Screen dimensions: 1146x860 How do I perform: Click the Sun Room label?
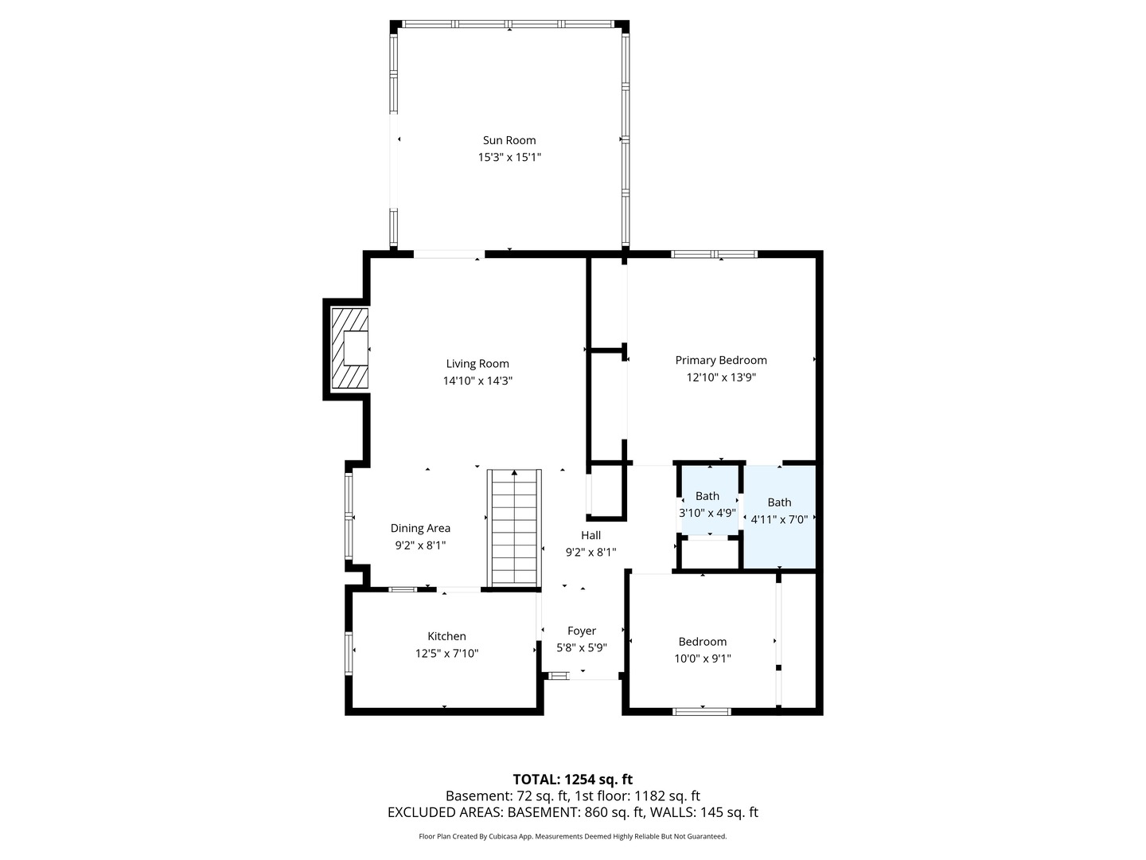coord(509,140)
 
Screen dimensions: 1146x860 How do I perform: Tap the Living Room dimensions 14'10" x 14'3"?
coord(477,381)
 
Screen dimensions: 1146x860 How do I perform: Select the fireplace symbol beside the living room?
coord(350,348)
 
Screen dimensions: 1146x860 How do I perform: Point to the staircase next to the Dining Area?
coord(514,528)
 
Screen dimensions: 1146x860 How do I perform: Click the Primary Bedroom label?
coord(721,360)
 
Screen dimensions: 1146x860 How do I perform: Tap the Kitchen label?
coord(447,636)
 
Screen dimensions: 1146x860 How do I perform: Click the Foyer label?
coord(582,631)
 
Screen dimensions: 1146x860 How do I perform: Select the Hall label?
coord(591,534)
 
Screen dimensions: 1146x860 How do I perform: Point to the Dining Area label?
coord(420,528)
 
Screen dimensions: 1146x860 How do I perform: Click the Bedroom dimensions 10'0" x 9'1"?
coord(703,659)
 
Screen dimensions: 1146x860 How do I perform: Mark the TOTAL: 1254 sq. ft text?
coord(573,780)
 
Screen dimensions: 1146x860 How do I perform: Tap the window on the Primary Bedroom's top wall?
coord(714,254)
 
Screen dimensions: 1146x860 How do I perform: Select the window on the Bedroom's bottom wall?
coord(702,711)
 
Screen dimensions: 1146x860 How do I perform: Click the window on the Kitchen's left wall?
coord(349,653)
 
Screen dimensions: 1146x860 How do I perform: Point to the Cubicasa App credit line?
coord(573,836)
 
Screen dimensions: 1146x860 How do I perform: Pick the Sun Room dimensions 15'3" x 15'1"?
coord(509,157)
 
